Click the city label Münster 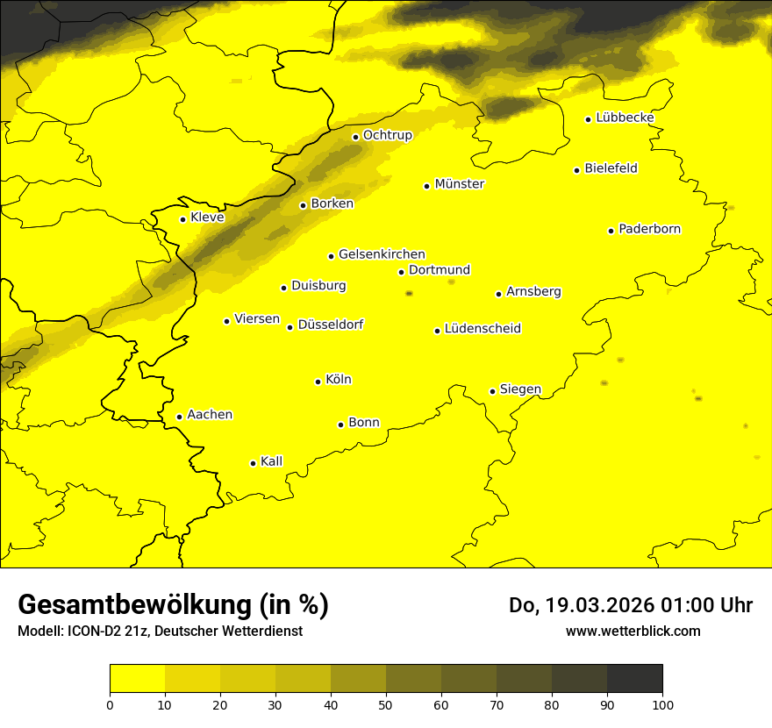pos(459,184)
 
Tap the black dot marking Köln pos(318,382)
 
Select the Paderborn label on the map pos(649,229)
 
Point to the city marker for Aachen pos(179,417)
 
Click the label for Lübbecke pos(625,118)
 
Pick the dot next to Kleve pos(182,219)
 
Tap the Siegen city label pos(520,389)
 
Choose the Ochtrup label pos(387,135)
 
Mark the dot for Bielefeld pos(576,170)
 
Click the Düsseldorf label pos(331,325)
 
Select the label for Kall pos(271,461)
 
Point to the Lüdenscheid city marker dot pos(437,331)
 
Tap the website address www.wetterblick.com pos(633,631)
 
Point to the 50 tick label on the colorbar pos(386,704)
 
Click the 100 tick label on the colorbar pos(662,704)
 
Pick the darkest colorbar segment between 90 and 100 pos(634,678)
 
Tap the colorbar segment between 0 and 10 pos(137,678)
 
